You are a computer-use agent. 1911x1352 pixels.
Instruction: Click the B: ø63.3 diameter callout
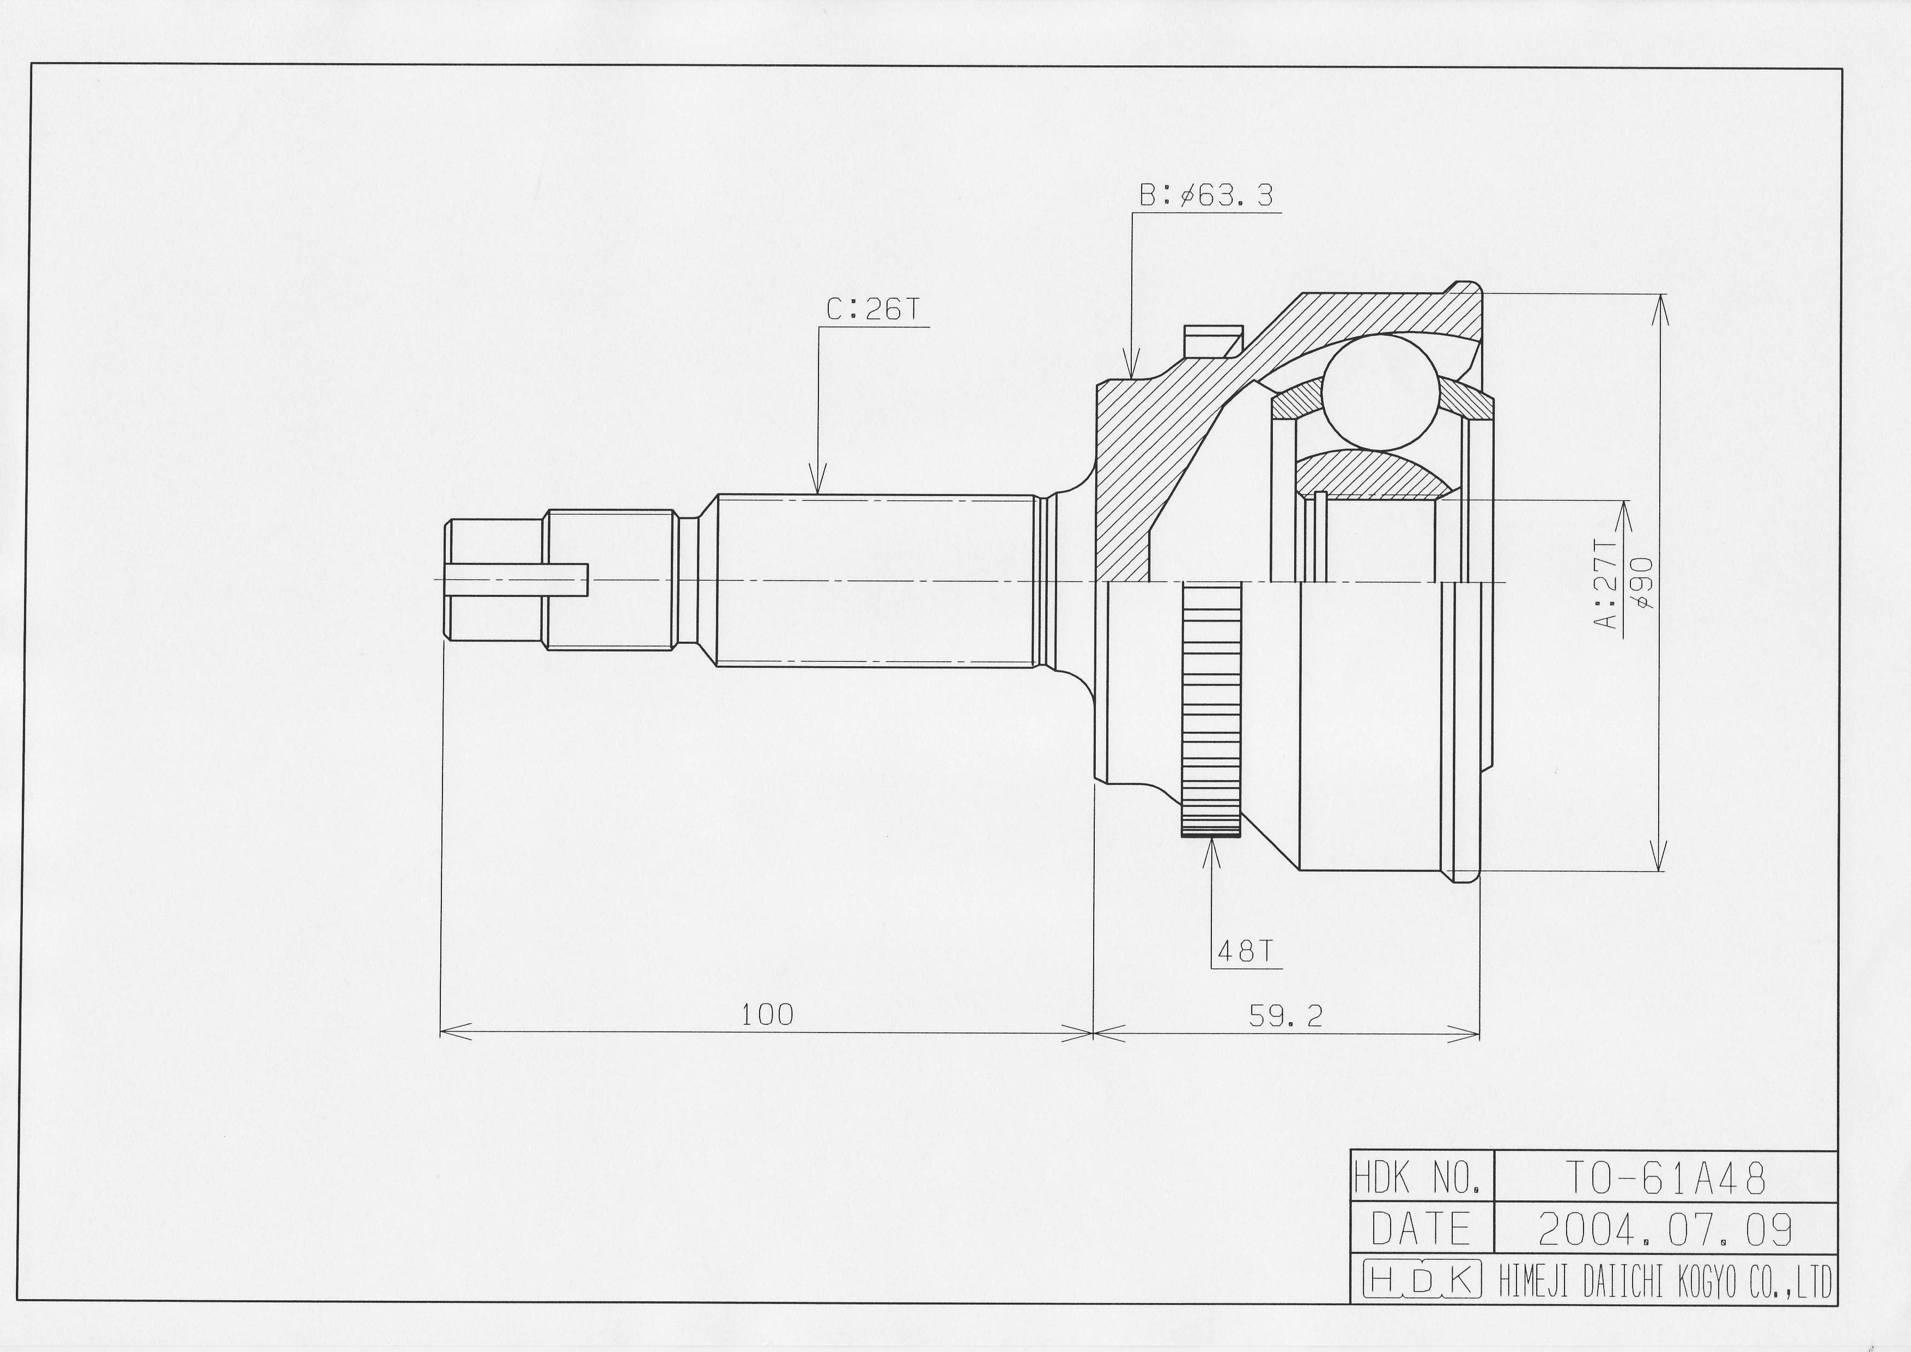pos(1206,196)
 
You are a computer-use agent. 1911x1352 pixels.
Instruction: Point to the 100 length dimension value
pos(767,1015)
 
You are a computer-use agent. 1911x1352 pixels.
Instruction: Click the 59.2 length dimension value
pos(1285,1015)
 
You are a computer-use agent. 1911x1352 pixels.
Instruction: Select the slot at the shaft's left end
pos(516,580)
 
